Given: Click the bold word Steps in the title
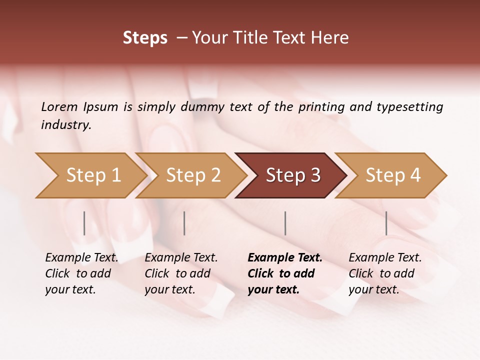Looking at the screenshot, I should coord(145,38).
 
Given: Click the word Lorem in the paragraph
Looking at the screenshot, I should coord(59,106).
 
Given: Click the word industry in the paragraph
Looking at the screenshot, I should coord(66,124).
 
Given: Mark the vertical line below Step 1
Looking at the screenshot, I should coord(84,223).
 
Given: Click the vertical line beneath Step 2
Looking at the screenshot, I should coord(184,223).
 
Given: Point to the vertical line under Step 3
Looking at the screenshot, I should coord(285,223).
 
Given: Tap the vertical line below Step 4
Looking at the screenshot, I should coord(386,223).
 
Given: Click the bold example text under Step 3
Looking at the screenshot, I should coord(284,273).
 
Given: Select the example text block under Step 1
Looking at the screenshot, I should coord(81,273).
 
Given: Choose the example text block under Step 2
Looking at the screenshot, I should coord(181,273).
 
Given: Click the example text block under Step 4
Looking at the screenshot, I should coord(385,273).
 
